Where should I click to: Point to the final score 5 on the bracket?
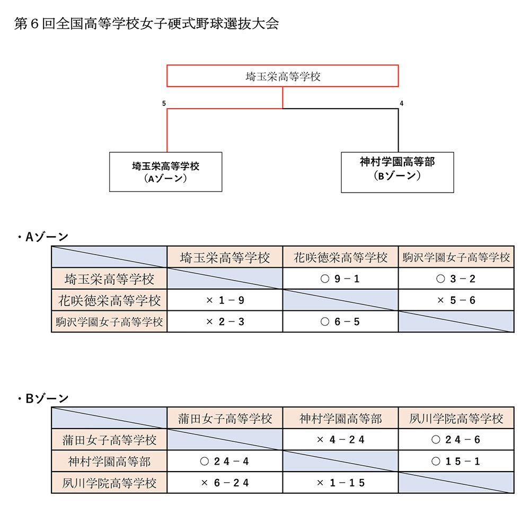tap(164, 103)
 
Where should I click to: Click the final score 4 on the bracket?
tap(402, 103)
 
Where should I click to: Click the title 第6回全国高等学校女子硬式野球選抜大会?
tap(147, 23)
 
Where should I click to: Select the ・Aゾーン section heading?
tap(42, 237)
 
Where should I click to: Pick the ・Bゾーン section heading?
tap(42, 398)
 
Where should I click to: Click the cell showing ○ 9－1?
tap(340, 278)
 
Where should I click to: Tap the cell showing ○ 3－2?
tap(456, 278)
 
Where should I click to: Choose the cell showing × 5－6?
tap(456, 300)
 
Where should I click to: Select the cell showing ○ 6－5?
tap(340, 321)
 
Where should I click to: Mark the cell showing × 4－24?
tap(340, 440)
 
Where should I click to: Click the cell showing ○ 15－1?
tap(456, 461)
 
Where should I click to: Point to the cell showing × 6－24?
tap(225, 483)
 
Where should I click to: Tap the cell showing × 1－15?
tap(340, 483)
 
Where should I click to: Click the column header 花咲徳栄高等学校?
tap(340, 257)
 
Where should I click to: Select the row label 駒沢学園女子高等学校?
tap(109, 321)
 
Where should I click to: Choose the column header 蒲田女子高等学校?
tap(225, 419)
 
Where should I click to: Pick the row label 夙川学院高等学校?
tap(109, 483)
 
